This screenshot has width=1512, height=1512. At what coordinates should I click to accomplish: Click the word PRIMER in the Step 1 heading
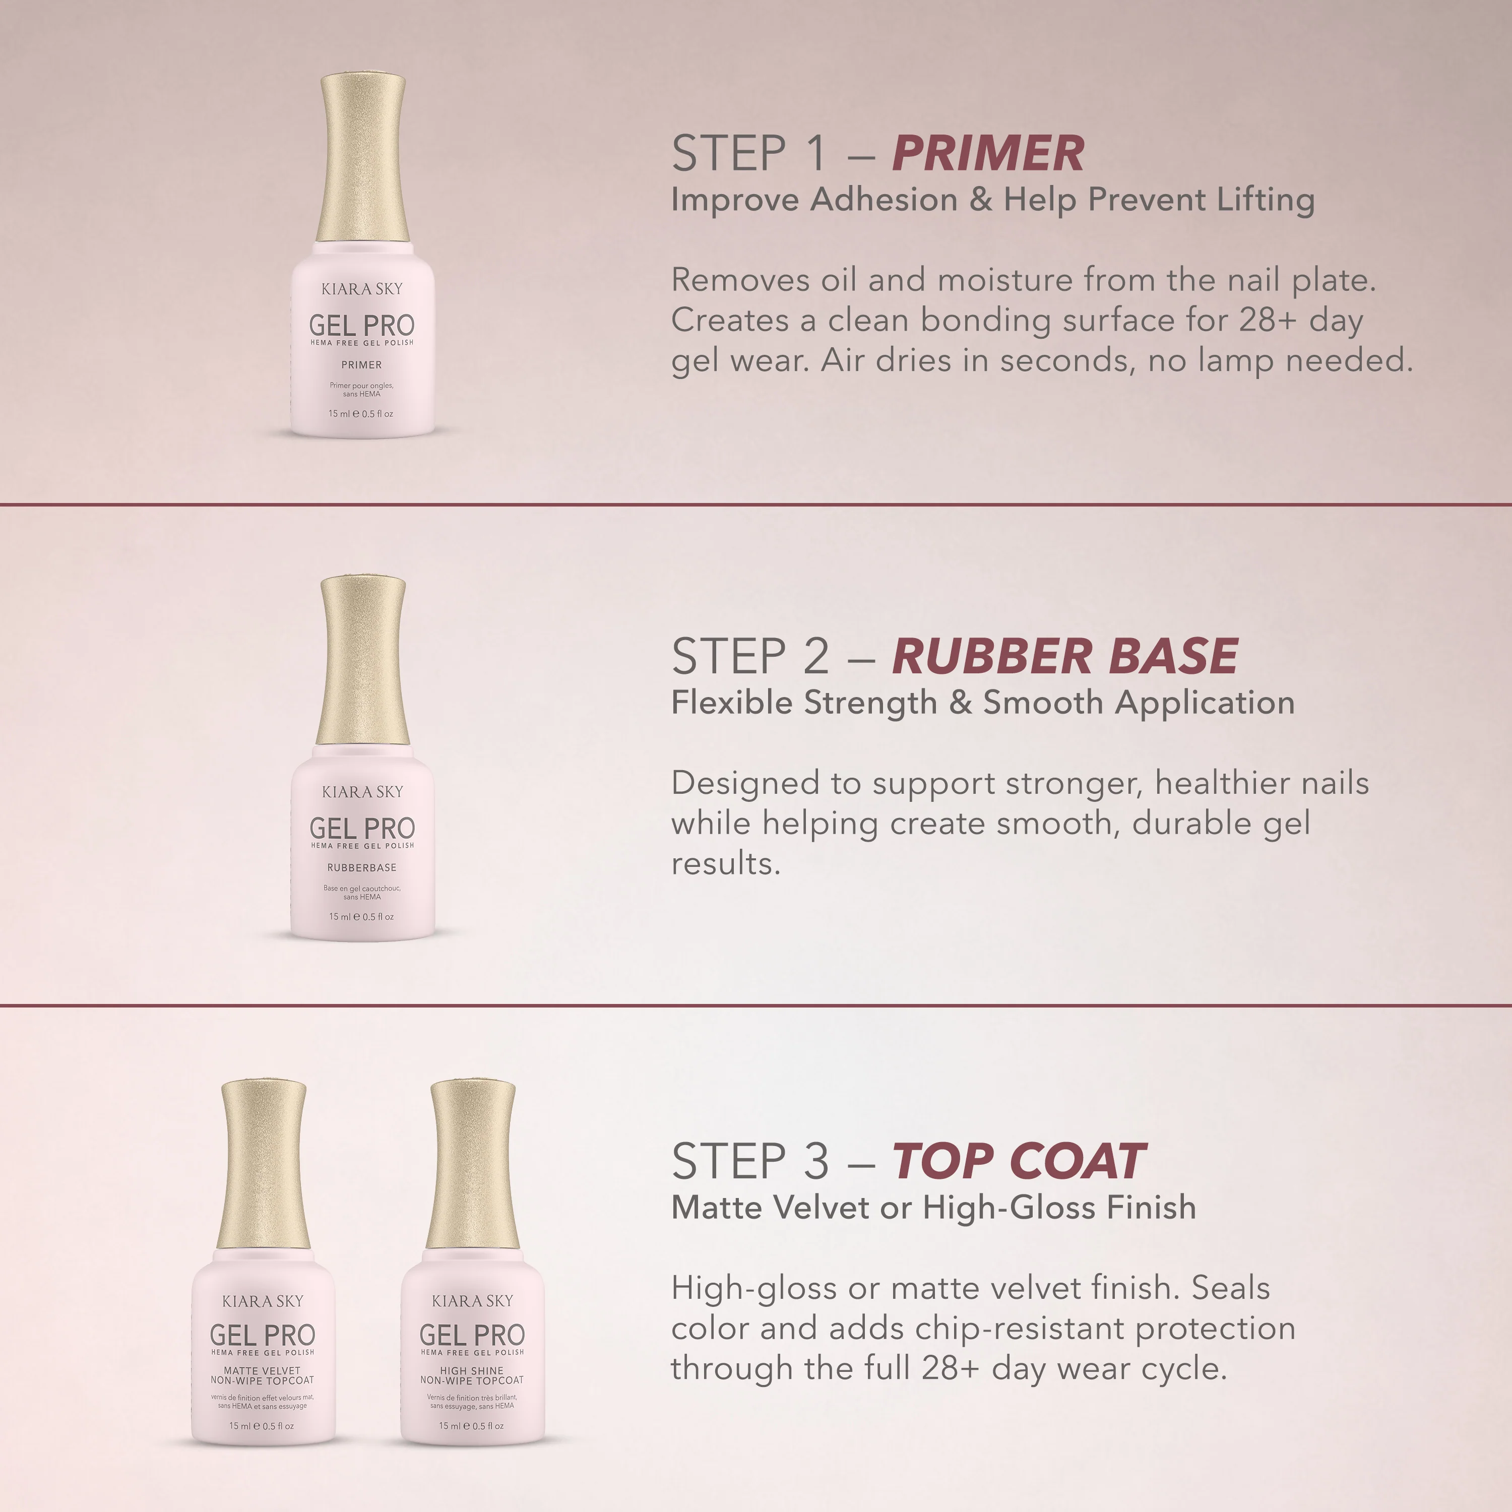tap(988, 153)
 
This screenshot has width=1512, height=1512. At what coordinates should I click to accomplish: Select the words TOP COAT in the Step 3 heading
tap(1019, 1161)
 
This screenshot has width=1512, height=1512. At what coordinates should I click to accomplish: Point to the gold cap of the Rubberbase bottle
tap(362, 661)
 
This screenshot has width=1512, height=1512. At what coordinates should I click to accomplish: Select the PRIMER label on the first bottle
tap(361, 365)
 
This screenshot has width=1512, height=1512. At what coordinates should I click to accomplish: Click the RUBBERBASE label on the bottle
tap(361, 867)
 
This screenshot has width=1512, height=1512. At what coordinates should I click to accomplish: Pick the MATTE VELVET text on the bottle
tap(262, 1370)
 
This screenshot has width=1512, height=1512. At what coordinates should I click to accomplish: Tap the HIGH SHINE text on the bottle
tap(472, 1370)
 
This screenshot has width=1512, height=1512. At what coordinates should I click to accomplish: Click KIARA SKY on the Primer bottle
tap(362, 289)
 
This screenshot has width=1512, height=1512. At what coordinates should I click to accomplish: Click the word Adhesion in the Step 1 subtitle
tap(884, 200)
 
